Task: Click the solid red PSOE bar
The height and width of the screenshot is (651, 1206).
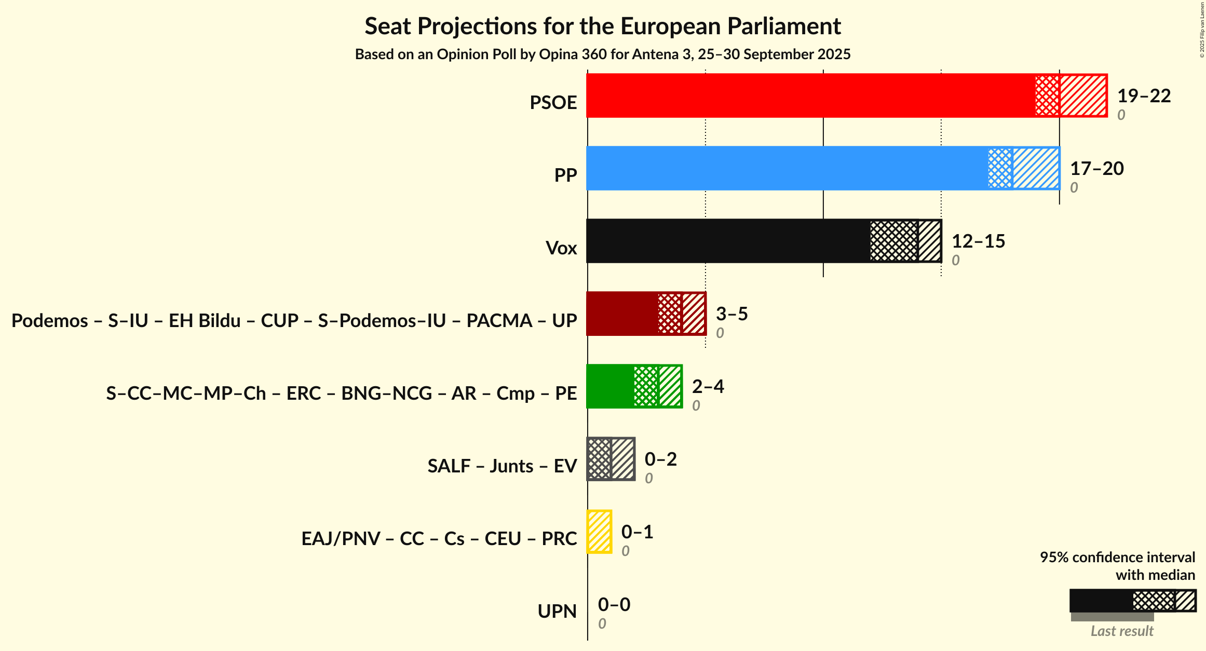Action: (x=810, y=96)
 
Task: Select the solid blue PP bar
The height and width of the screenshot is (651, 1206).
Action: (x=787, y=168)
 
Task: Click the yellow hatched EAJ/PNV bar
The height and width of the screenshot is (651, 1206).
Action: (x=599, y=532)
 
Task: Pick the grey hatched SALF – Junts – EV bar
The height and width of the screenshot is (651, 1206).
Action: (x=611, y=459)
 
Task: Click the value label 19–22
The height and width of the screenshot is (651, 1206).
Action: (x=1144, y=96)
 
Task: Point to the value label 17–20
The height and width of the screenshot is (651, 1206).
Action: (x=1096, y=169)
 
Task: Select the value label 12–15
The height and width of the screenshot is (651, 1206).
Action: (x=978, y=241)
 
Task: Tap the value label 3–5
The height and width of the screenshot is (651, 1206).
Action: (x=731, y=314)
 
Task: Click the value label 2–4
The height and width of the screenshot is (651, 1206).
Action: (x=708, y=387)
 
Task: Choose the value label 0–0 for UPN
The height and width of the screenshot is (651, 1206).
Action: (x=614, y=605)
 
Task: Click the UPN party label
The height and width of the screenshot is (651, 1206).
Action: (x=557, y=612)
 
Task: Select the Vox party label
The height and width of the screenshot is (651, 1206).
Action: (x=561, y=248)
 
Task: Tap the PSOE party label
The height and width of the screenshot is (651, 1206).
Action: (x=553, y=103)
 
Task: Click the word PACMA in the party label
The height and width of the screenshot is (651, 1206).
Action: (x=499, y=321)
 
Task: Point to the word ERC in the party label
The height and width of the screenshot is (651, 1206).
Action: (x=304, y=394)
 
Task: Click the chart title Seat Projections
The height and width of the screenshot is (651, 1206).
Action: (x=602, y=26)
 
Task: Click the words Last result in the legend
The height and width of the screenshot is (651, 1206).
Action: (x=1122, y=631)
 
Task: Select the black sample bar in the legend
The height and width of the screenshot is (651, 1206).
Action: (x=1101, y=601)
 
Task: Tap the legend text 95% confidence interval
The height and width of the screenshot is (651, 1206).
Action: (x=1117, y=558)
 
